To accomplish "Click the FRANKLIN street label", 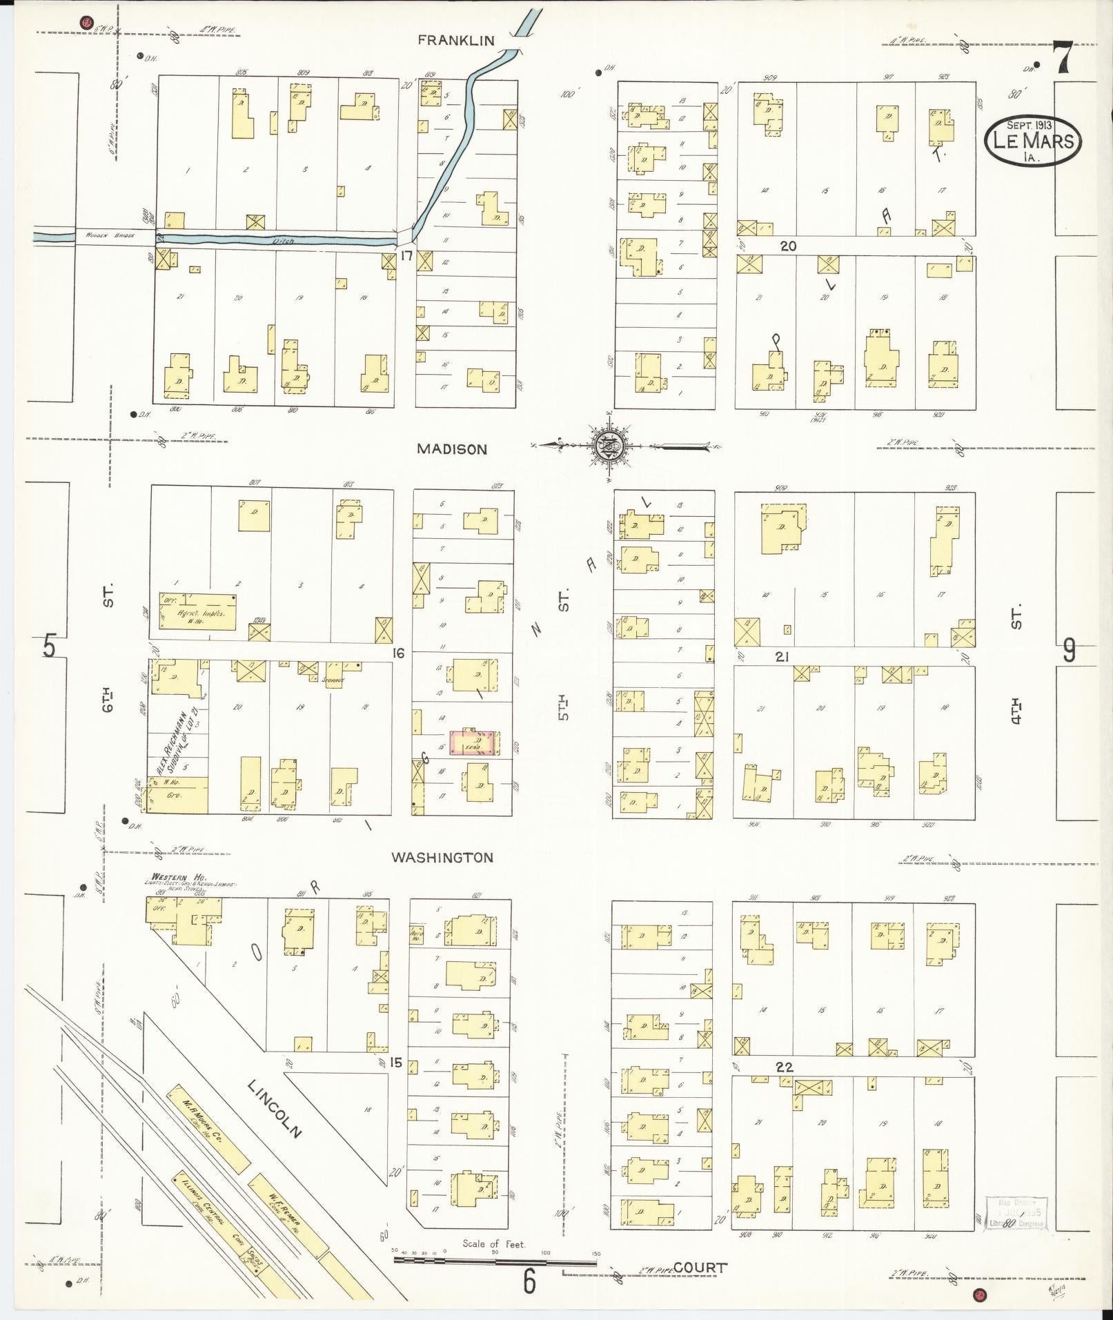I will pyautogui.click(x=456, y=41).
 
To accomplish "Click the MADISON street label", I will pyautogui.click(x=452, y=449).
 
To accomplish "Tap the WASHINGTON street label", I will pyautogui.click(x=442, y=858).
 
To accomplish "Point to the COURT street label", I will pyautogui.click(x=700, y=1267).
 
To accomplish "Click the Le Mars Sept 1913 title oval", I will pyautogui.click(x=1032, y=141).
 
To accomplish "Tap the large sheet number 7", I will pyautogui.click(x=1062, y=58).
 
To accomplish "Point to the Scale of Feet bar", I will pyautogui.click(x=495, y=1261).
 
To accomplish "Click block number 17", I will pyautogui.click(x=406, y=255).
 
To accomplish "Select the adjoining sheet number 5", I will pyautogui.click(x=48, y=647).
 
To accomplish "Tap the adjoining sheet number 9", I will pyautogui.click(x=1068, y=650).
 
